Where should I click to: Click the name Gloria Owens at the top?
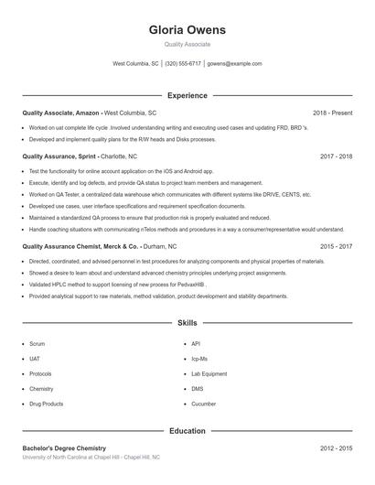pyautogui.click(x=187, y=30)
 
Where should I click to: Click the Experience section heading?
pyautogui.click(x=187, y=95)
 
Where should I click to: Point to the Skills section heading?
pyautogui.click(x=187, y=323)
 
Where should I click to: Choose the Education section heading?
pyautogui.click(x=187, y=430)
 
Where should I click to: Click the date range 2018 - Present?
pyautogui.click(x=332, y=113)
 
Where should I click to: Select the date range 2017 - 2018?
pyautogui.click(x=336, y=156)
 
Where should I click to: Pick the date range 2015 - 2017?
pyautogui.click(x=336, y=246)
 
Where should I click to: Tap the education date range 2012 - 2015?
pyautogui.click(x=336, y=448)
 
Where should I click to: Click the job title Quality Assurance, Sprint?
pyautogui.click(x=60, y=156)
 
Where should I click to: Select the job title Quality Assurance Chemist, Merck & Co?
pyautogui.click(x=80, y=246)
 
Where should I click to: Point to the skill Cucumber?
pyautogui.click(x=203, y=404)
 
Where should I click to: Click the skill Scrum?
pyautogui.click(x=37, y=344)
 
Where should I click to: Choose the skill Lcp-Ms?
pyautogui.click(x=199, y=359)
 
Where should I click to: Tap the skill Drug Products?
pyautogui.click(x=46, y=404)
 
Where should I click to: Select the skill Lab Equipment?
pyautogui.click(x=209, y=373)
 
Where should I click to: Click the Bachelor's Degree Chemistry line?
pyautogui.click(x=64, y=448)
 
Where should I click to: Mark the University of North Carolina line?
pyautogui.click(x=91, y=457)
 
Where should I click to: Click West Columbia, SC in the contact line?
pyautogui.click(x=135, y=64)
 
